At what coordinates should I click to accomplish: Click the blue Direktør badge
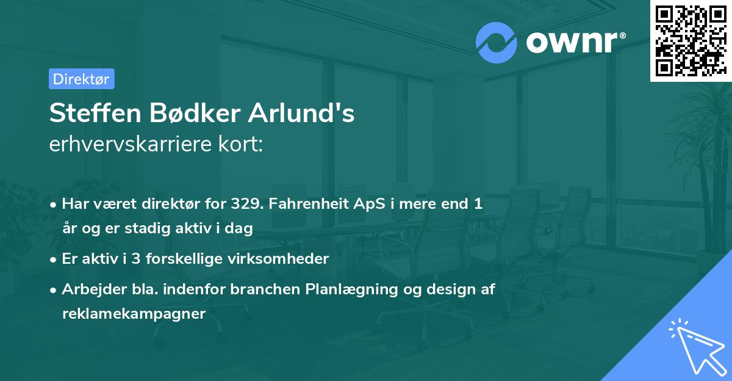[x=81, y=79]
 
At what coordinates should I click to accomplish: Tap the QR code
[x=690, y=41]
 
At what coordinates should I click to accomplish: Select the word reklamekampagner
[x=134, y=313]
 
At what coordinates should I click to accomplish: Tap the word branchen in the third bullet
[x=268, y=289]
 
